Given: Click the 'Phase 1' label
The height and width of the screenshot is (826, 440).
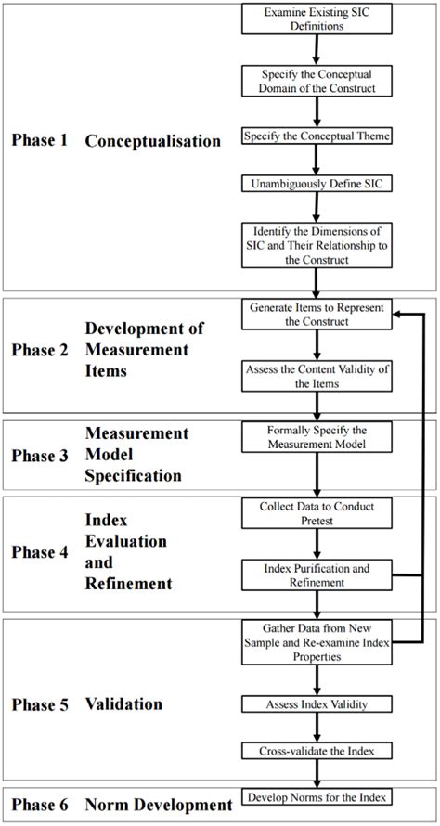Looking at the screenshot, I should click(x=40, y=141).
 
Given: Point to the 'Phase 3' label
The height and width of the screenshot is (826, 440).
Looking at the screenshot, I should click(x=40, y=456).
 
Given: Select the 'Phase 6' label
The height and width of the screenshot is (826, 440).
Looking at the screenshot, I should click(x=40, y=805).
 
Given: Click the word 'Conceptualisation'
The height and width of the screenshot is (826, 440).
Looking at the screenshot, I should click(x=153, y=141).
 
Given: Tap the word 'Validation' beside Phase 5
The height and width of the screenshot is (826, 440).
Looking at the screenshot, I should click(x=123, y=704).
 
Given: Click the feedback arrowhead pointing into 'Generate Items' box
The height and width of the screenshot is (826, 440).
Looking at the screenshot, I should click(x=398, y=315).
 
